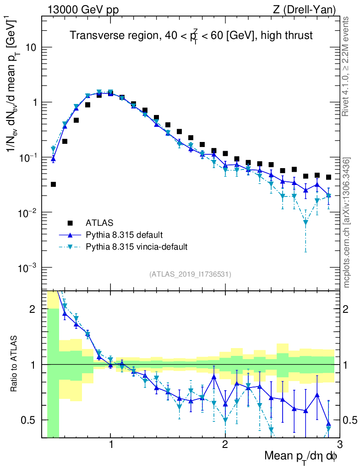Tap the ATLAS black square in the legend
[70, 223]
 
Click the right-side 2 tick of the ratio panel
[349, 309]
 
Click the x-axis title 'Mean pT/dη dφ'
[301, 456]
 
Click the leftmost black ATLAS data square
[53, 185]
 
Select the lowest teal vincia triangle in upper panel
[305, 223]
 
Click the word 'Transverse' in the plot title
[92, 36]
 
